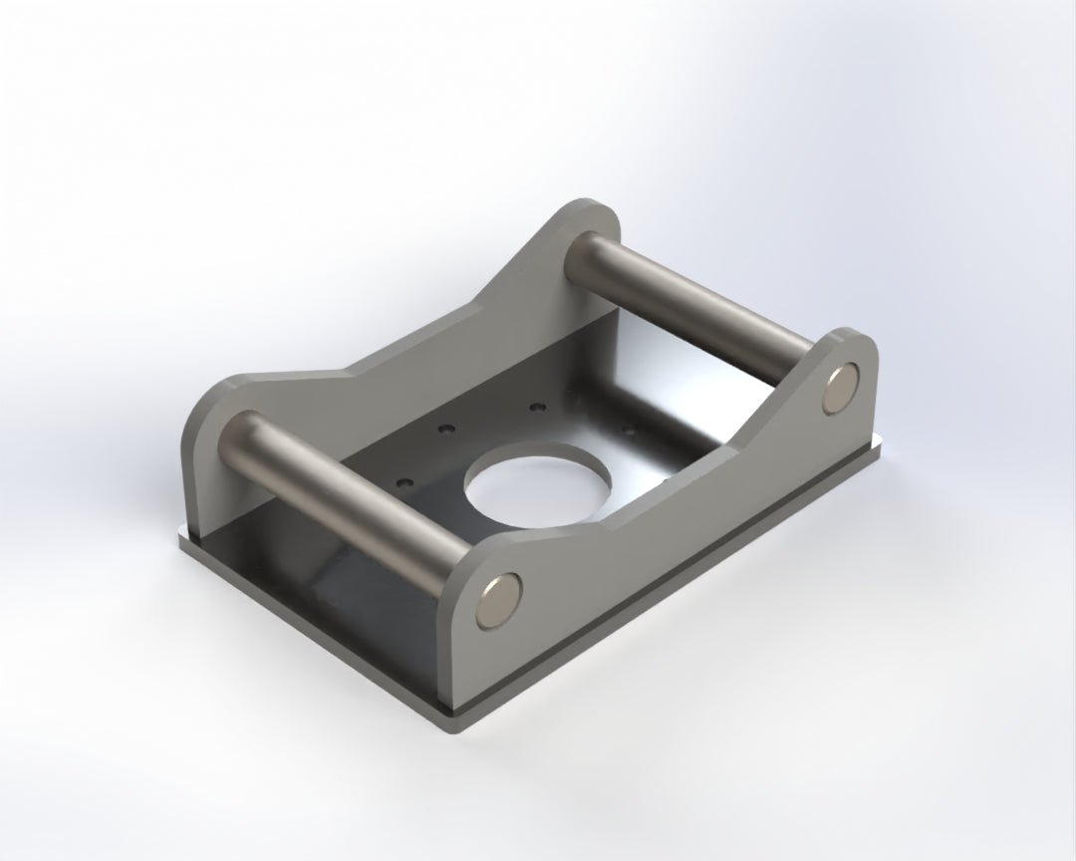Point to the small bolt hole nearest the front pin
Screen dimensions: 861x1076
click(x=403, y=483)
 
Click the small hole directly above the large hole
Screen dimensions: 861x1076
click(x=539, y=408)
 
